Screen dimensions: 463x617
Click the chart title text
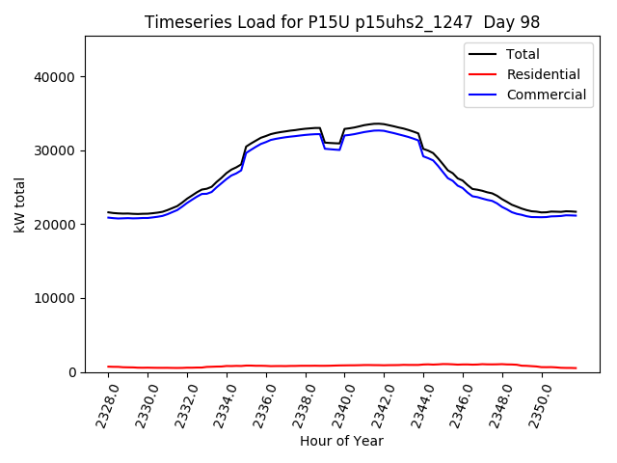(342, 22)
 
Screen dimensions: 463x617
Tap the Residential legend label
(544, 74)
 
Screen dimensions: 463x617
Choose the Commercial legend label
(547, 95)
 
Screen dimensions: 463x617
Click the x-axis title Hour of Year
(341, 442)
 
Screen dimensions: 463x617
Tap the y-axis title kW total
(19, 204)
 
